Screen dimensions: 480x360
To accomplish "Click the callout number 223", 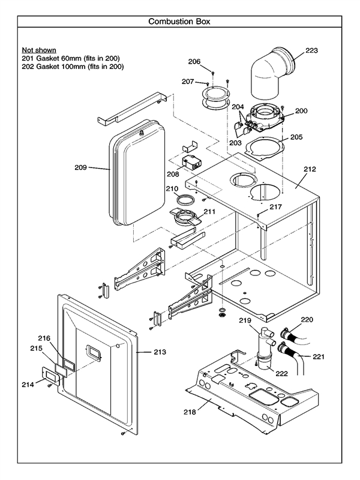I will click(x=311, y=50).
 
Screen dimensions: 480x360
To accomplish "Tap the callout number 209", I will click(x=82, y=167).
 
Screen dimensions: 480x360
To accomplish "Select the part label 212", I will click(x=309, y=169).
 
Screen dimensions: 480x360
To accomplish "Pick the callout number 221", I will click(x=318, y=357).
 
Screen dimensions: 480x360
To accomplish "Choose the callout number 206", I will click(x=193, y=61).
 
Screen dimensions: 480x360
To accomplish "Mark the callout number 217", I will click(x=275, y=207).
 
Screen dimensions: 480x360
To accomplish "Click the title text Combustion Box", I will click(x=179, y=22).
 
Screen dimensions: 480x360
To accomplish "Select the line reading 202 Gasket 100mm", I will click(x=73, y=67).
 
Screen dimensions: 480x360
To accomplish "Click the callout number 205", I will click(x=296, y=137).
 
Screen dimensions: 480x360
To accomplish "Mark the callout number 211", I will click(x=209, y=211).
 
